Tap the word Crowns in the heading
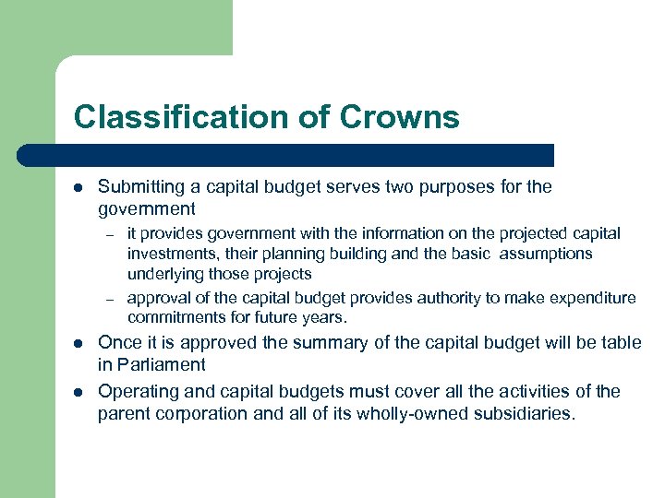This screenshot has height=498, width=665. tap(399, 117)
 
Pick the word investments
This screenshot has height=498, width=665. tap(168, 254)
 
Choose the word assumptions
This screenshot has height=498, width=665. tap(545, 254)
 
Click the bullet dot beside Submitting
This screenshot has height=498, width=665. tap(78, 187)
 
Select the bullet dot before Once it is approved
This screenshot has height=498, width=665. tap(78, 343)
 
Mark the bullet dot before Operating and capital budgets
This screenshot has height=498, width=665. tap(78, 391)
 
